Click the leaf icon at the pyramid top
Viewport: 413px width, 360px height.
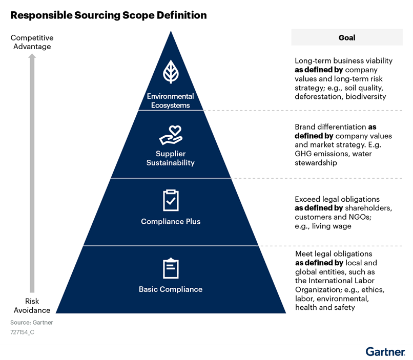[171, 72]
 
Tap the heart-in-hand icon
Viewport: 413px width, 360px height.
[171, 134]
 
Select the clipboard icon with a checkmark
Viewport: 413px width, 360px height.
[171, 200]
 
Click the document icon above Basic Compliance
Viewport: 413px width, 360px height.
[171, 268]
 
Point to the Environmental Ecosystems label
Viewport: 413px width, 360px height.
[171, 101]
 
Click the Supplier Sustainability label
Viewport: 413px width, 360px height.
[171, 158]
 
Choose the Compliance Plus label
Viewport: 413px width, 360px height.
[171, 222]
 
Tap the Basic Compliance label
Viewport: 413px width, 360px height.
[171, 289]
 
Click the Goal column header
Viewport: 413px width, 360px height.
[347, 37]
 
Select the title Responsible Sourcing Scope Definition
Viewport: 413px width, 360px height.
[109, 15]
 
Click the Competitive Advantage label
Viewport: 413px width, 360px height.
[32, 43]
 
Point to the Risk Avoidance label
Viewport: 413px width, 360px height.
[32, 306]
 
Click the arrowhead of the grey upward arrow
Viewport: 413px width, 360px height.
[32, 57]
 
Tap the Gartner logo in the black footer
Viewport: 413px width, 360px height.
[384, 352]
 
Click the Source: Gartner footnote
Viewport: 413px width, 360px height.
[32, 323]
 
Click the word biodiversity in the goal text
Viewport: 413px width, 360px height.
[365, 96]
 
